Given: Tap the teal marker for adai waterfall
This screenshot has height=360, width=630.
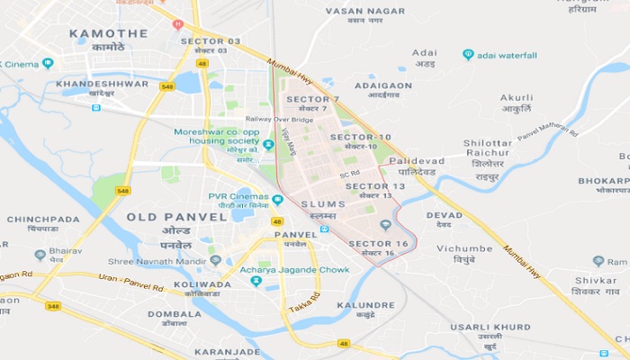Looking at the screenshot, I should (x=468, y=54).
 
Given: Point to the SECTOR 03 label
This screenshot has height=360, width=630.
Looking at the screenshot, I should (x=211, y=41).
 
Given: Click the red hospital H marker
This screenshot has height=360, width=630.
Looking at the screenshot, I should (x=177, y=24).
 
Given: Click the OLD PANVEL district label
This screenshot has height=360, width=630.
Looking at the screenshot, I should (x=176, y=217).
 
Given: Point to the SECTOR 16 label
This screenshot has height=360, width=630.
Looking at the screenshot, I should (x=378, y=244).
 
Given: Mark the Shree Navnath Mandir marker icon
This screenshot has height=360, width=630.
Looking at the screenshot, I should (x=215, y=260).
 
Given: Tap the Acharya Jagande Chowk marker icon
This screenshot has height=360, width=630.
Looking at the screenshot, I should (x=256, y=281).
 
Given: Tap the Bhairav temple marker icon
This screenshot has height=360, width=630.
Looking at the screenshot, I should (x=40, y=255).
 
